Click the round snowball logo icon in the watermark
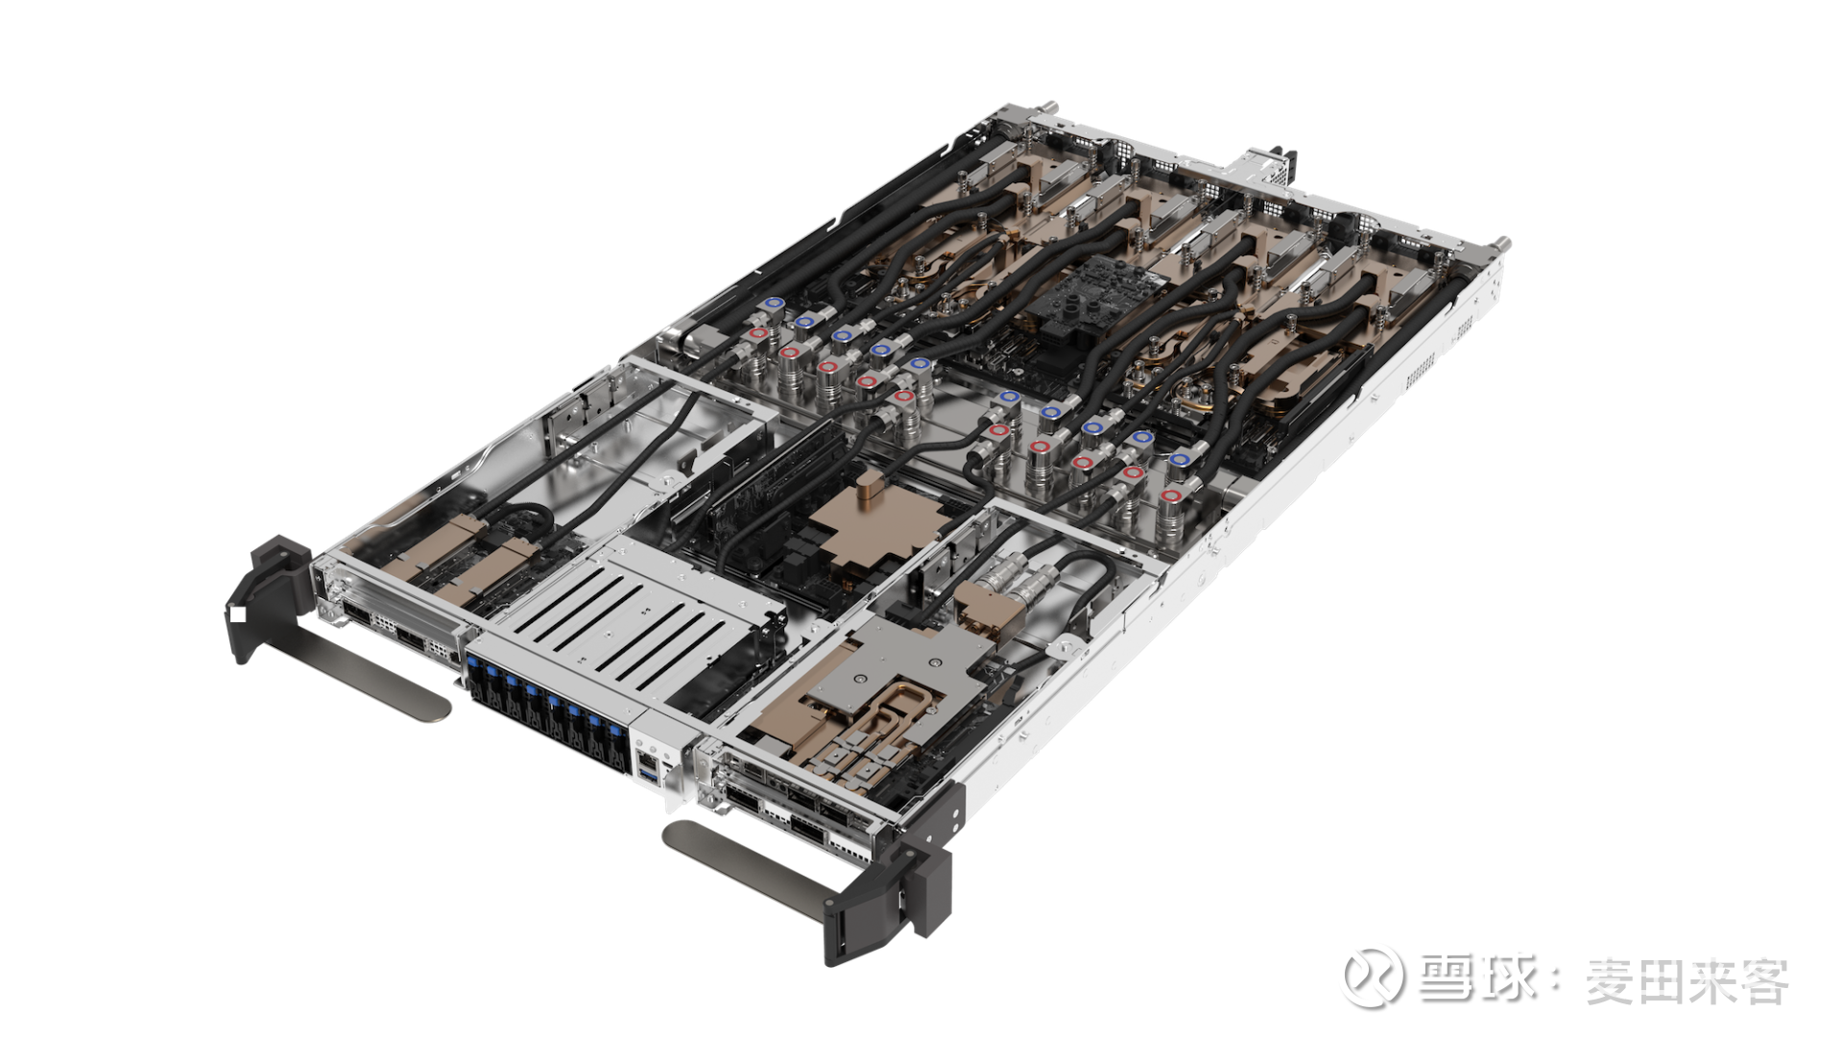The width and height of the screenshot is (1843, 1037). pyautogui.click(x=1371, y=977)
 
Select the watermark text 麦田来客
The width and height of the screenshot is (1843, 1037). pyautogui.click(x=1687, y=980)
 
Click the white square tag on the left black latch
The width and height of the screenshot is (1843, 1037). pyautogui.click(x=237, y=615)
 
